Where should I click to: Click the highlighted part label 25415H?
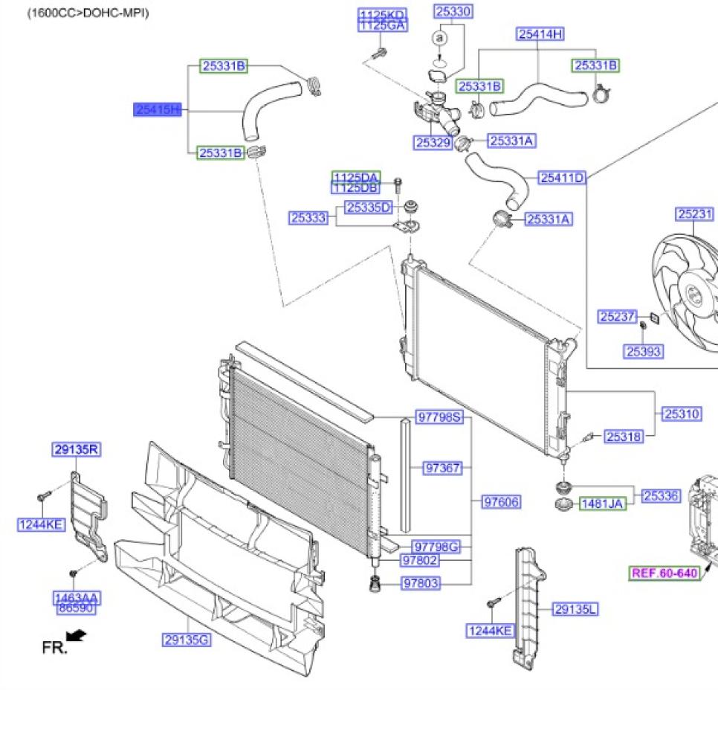(x=157, y=110)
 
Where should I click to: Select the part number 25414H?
(x=540, y=33)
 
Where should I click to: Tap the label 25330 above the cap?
(x=453, y=11)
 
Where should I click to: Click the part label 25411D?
(x=562, y=178)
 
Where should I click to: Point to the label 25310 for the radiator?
(x=682, y=414)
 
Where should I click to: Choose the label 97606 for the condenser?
(x=501, y=502)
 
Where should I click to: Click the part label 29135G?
(x=187, y=640)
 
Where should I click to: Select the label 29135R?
(x=77, y=449)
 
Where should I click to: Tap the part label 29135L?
(x=575, y=610)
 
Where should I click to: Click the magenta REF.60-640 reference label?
(x=664, y=573)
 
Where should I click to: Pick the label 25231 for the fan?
(x=695, y=214)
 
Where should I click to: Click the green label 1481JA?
(x=602, y=504)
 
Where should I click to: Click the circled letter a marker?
(x=440, y=37)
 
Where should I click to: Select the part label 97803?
(x=421, y=583)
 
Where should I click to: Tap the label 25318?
(x=623, y=437)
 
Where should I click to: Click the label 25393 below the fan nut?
(x=643, y=351)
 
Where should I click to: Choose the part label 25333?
(x=308, y=218)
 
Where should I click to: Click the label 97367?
(x=442, y=468)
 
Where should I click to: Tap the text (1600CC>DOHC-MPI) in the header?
(x=88, y=13)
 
